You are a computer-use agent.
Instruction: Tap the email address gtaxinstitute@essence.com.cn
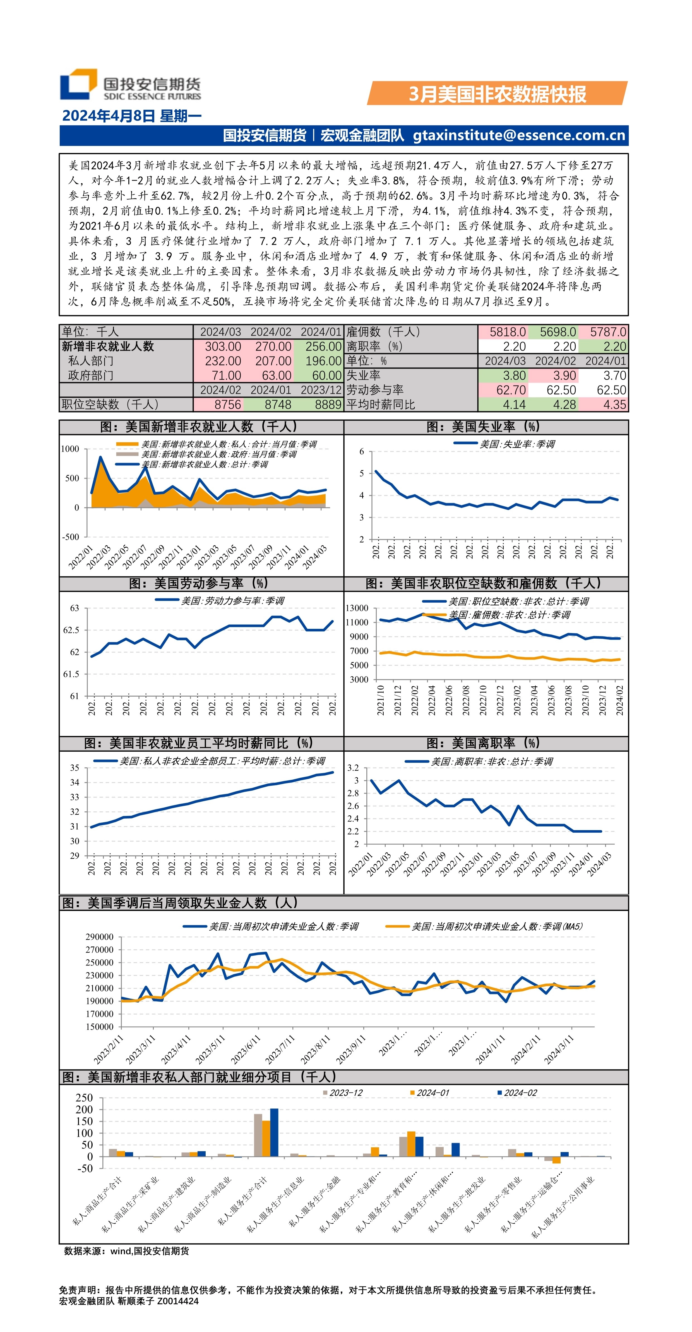519,135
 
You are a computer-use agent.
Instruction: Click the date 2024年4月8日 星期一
131,116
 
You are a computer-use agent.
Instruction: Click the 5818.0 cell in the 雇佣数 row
508,332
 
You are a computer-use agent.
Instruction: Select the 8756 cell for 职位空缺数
227,404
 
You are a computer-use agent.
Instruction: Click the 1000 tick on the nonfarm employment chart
70,449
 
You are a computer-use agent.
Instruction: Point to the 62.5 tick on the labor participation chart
71,630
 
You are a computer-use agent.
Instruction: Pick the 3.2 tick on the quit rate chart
353,768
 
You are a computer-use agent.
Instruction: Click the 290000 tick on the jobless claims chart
99,937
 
